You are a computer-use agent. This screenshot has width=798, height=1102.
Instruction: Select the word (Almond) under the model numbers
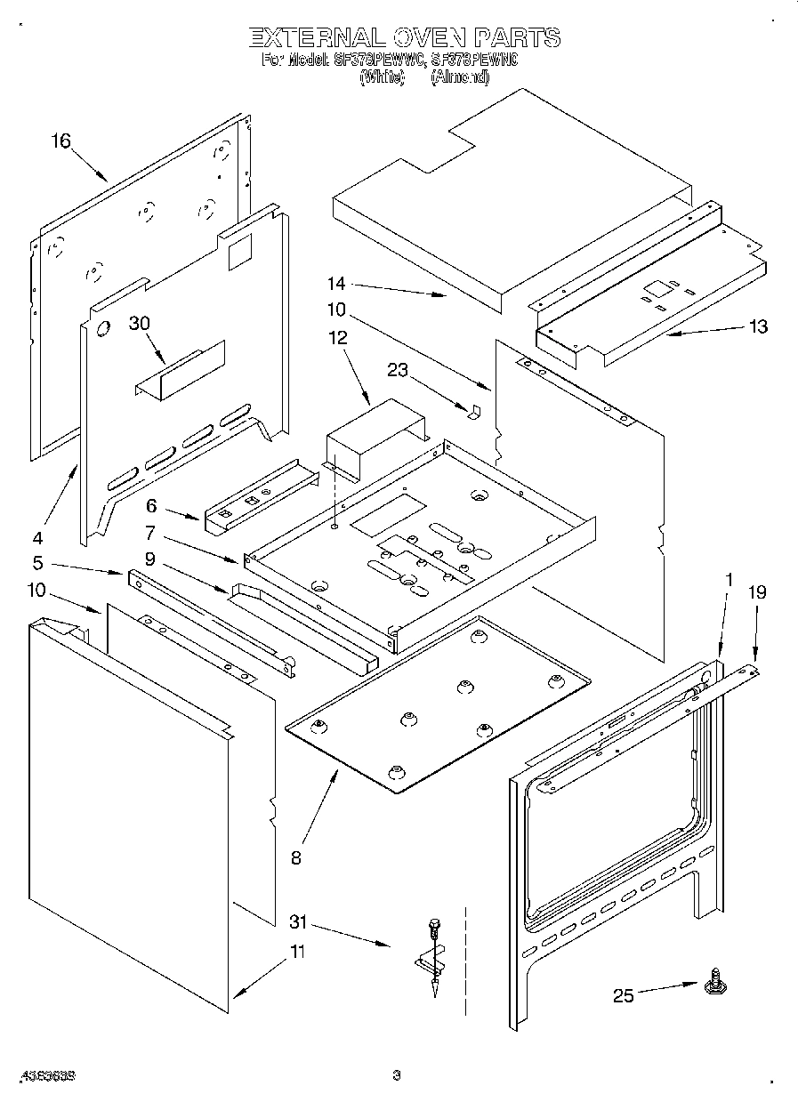tap(460, 77)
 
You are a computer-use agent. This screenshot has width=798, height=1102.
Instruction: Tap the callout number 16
tap(60, 141)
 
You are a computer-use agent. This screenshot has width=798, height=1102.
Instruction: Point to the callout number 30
tap(139, 325)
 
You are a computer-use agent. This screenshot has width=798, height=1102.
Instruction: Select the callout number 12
tap(338, 338)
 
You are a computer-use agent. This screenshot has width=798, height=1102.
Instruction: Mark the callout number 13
tap(758, 326)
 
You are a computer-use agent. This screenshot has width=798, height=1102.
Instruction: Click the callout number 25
tap(624, 995)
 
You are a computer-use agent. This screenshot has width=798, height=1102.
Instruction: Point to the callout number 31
tap(300, 922)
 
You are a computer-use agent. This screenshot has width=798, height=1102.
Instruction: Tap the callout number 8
tap(295, 857)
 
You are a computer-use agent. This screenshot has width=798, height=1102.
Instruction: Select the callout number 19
tap(756, 592)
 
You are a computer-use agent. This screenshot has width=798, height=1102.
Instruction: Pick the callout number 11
tap(297, 952)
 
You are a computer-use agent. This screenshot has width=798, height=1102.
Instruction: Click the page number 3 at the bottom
tap(397, 1075)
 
